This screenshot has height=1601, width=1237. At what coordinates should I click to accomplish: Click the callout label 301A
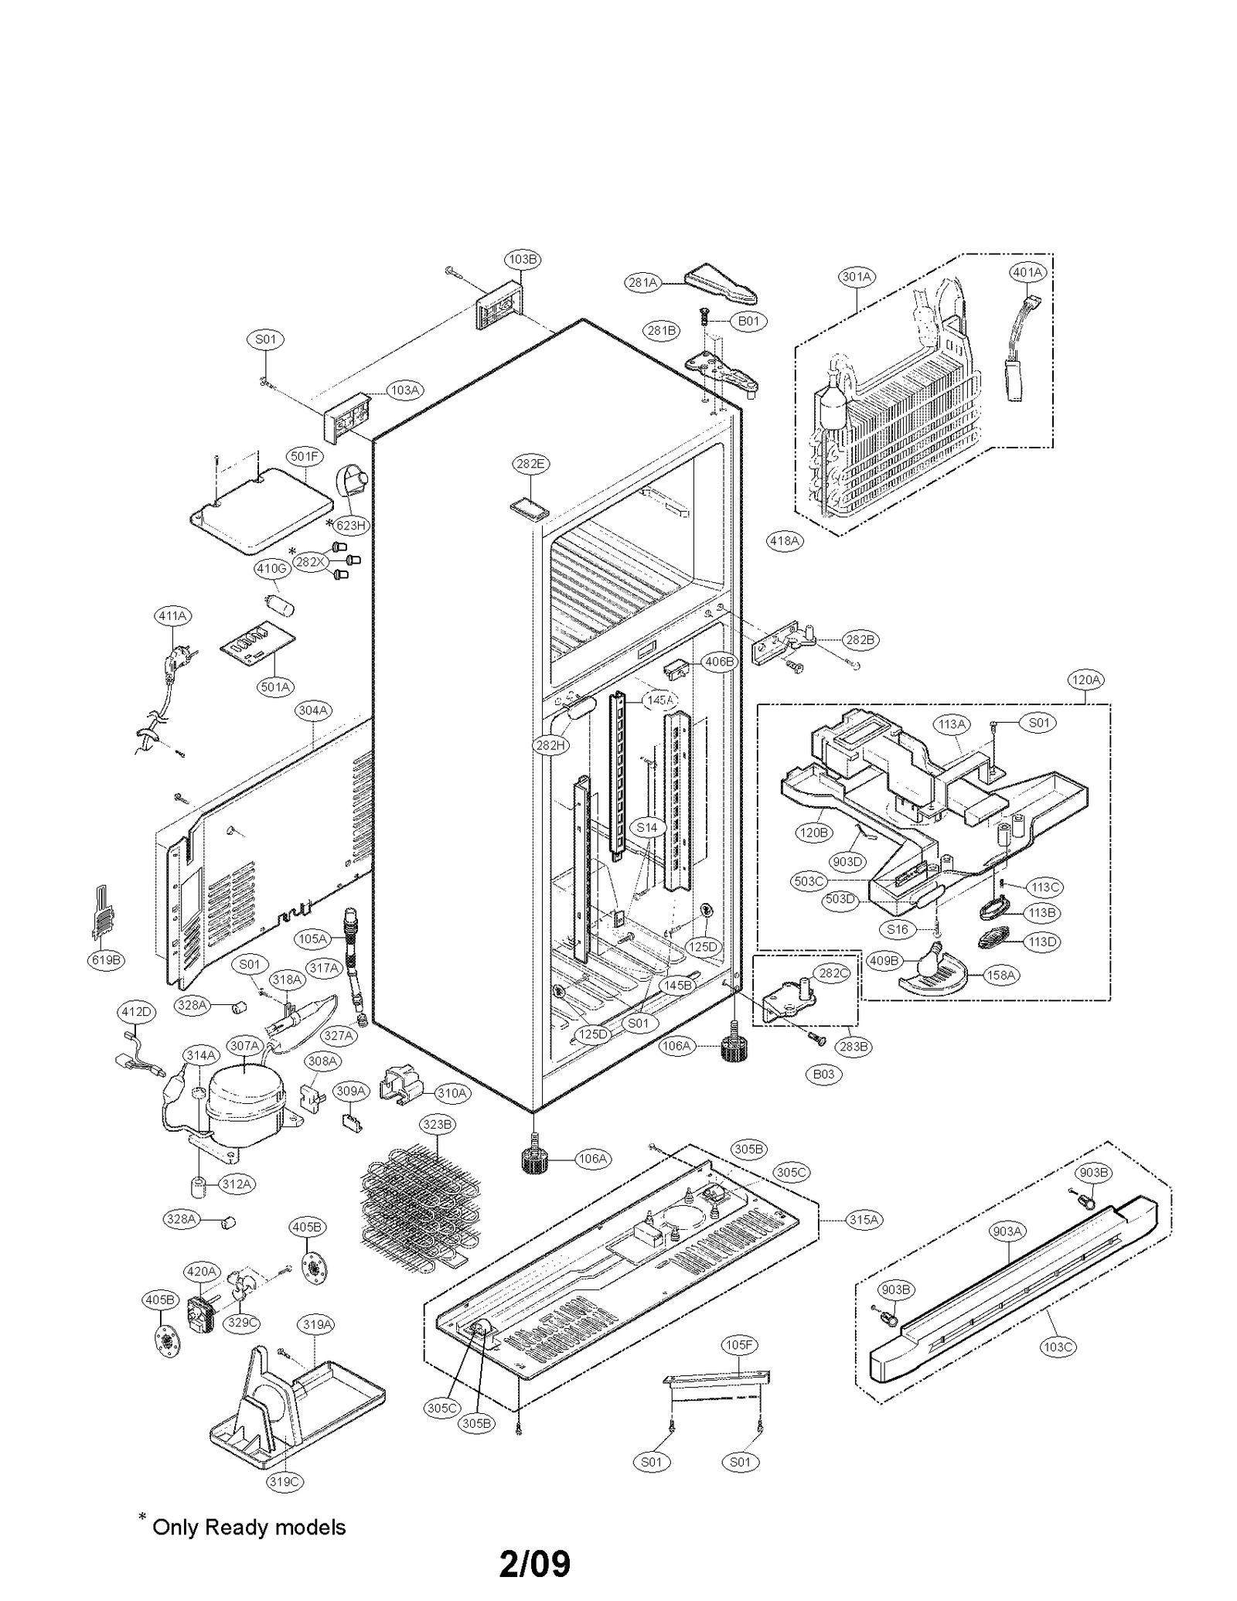point(856,277)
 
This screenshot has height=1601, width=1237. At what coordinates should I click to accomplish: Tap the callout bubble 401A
point(1027,272)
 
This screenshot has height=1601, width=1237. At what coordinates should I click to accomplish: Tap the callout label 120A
point(1085,680)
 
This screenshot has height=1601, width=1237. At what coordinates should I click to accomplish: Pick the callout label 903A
point(1007,1231)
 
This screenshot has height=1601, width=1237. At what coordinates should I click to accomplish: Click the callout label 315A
point(864,1219)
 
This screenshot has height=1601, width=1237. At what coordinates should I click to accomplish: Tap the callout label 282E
point(530,464)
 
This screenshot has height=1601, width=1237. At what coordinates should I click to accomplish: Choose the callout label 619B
point(106,960)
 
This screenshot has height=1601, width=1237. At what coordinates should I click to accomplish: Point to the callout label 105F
point(738,1345)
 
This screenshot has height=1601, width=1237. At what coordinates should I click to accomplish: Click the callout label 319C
point(284,1481)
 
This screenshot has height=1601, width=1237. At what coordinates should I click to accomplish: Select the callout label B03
point(823,1074)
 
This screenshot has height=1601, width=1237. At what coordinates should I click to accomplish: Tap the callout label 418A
point(785,541)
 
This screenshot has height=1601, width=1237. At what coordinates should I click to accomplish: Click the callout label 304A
point(313,710)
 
